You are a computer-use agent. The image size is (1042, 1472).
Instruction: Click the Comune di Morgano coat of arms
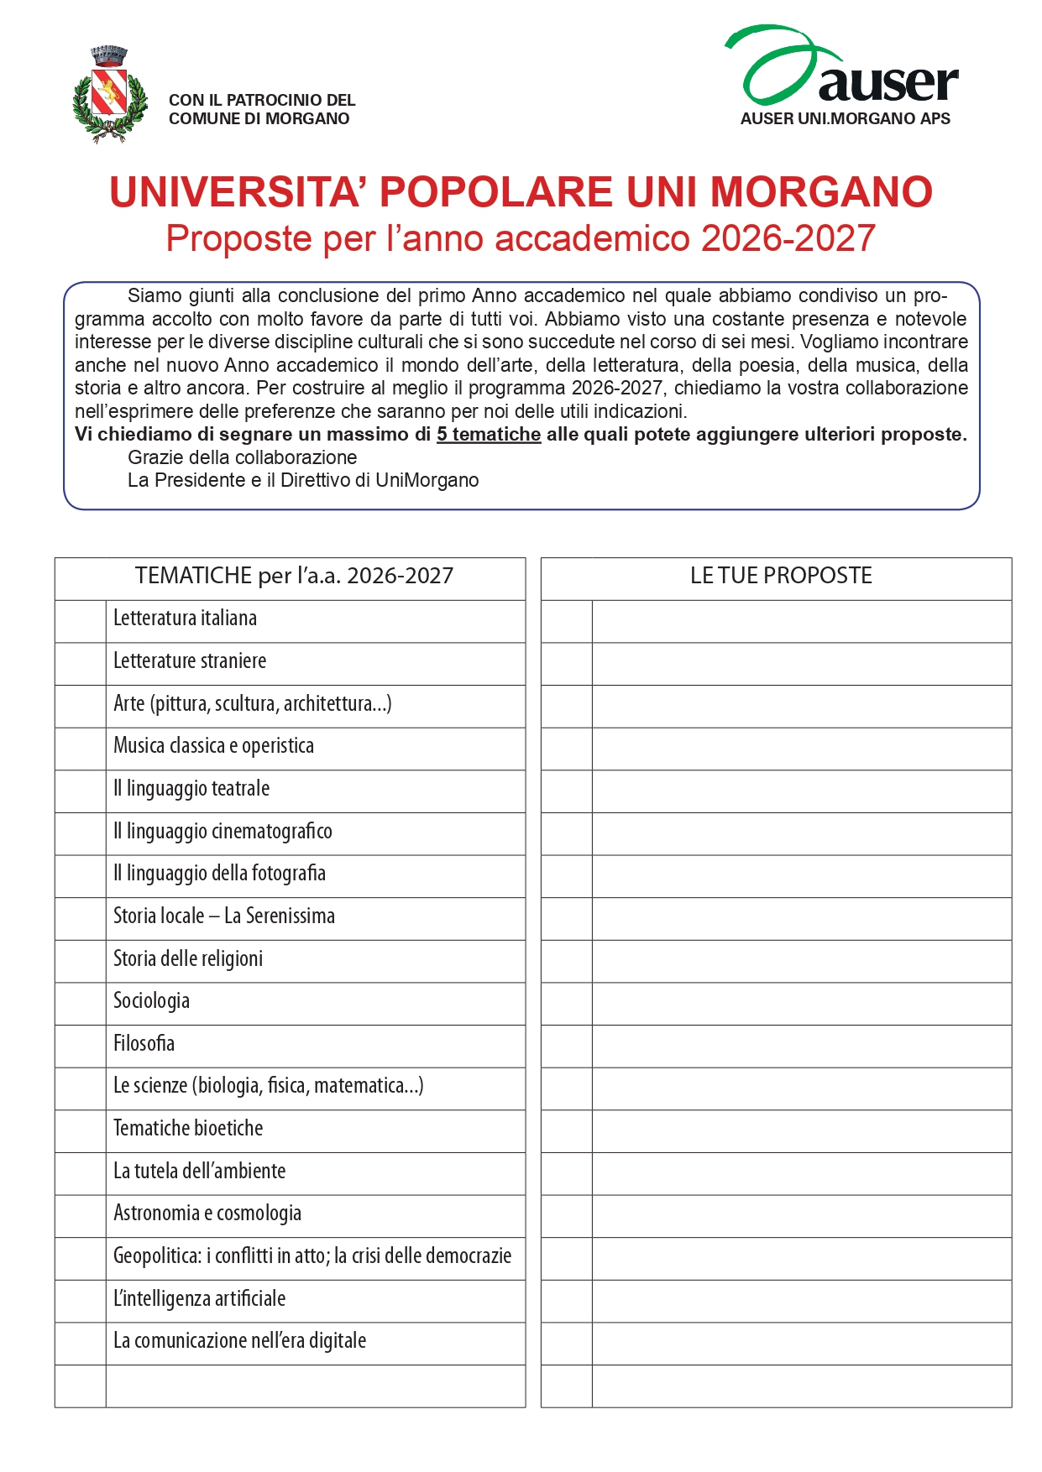tap(110, 94)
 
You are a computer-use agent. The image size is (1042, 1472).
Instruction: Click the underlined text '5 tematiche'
tap(488, 435)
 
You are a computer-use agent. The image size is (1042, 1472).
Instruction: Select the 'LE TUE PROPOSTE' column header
tap(780, 576)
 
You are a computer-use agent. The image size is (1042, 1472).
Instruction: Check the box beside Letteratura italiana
tap(81, 622)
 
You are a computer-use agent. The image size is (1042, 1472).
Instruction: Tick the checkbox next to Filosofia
tap(81, 1047)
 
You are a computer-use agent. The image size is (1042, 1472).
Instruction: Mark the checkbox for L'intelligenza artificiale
tap(81, 1302)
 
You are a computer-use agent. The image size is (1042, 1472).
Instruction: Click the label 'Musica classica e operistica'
tap(213, 746)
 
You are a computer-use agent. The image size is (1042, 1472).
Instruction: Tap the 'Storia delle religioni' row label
tap(188, 958)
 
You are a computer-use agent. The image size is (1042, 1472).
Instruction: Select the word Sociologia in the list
tap(151, 1000)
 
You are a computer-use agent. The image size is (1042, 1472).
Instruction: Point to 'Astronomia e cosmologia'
tap(207, 1213)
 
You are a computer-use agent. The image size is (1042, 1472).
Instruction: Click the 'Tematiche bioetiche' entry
tap(188, 1128)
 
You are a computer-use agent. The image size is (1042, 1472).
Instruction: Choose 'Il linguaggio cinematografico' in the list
tap(223, 831)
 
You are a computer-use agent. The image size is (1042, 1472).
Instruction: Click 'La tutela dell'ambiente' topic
tap(199, 1171)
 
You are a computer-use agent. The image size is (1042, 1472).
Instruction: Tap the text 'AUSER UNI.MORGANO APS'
tap(845, 119)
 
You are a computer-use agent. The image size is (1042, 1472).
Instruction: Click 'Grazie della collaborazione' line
tap(242, 457)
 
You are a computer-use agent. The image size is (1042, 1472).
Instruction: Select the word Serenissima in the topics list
tap(290, 916)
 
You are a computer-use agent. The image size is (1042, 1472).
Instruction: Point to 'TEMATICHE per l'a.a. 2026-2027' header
tap(294, 576)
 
